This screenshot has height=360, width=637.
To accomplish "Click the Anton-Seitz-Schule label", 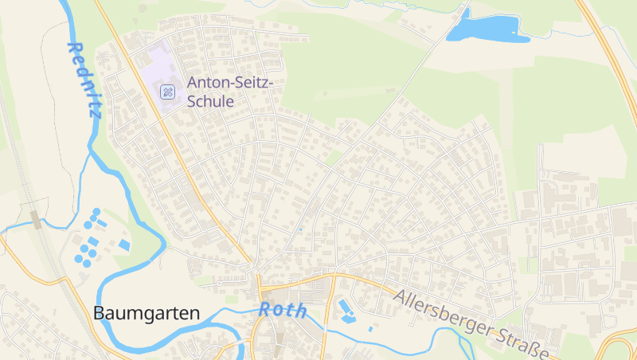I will tap(230, 92).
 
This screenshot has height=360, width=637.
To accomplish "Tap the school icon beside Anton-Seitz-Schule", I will tap(168, 92).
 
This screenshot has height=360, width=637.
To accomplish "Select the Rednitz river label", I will tap(85, 80).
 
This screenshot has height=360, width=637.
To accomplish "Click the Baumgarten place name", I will tap(147, 314).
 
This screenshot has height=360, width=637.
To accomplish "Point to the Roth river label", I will tap(283, 310).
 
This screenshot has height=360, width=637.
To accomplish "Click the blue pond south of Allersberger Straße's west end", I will tap(346, 311).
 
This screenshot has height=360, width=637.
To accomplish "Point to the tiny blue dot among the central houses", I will tap(300, 230).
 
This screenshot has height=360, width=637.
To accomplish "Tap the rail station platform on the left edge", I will tap(36, 218).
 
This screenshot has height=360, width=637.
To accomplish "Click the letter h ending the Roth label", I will tap(302, 311).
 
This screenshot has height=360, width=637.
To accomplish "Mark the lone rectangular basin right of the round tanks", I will tap(124, 244).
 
